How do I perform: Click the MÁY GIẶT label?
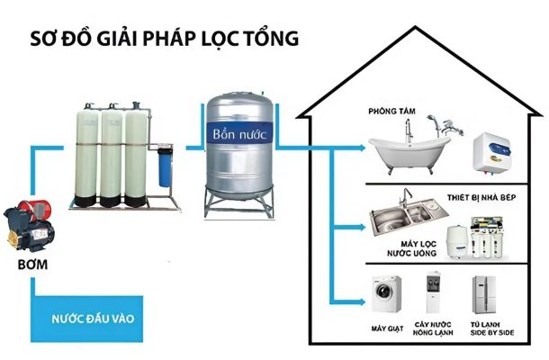coord(388,326)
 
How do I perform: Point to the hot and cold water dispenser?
coord(434,292)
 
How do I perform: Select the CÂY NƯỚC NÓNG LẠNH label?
coord(434,329)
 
